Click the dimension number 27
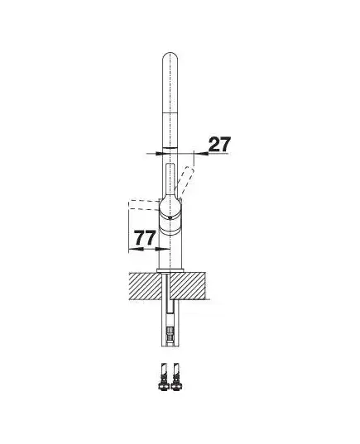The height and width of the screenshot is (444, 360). (219, 145)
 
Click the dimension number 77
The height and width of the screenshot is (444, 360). (145, 238)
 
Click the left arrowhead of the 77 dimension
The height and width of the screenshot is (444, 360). (135, 250)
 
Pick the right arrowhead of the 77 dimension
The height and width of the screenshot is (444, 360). (162, 249)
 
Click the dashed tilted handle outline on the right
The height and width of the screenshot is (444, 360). (185, 182)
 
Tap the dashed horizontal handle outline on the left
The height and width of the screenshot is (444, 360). (143, 205)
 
